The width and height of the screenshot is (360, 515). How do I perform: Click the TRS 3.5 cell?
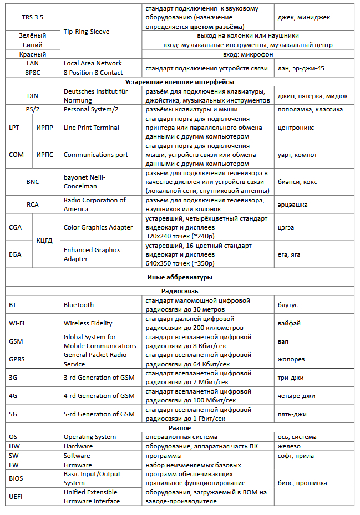(32, 17)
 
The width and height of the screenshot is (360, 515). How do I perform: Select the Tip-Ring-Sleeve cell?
(87, 32)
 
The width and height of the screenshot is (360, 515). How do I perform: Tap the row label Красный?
(32, 54)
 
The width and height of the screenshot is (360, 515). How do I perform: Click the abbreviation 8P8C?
(32, 73)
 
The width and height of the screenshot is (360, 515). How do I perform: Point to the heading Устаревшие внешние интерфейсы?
(180, 82)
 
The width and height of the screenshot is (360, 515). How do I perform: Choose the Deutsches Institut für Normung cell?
(96, 95)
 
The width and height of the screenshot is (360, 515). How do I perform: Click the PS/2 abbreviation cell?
(32, 109)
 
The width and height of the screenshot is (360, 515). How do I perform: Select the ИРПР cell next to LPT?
(45, 128)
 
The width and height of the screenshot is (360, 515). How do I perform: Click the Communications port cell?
(96, 155)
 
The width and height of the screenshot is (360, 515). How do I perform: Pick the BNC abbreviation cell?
(32, 182)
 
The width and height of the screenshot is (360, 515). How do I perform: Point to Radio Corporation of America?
(95, 205)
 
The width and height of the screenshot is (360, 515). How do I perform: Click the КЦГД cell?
(45, 241)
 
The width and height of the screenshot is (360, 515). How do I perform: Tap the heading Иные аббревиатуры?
(180, 277)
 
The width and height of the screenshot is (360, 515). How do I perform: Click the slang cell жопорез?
(291, 359)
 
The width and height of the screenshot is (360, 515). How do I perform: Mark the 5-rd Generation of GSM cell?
(99, 414)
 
